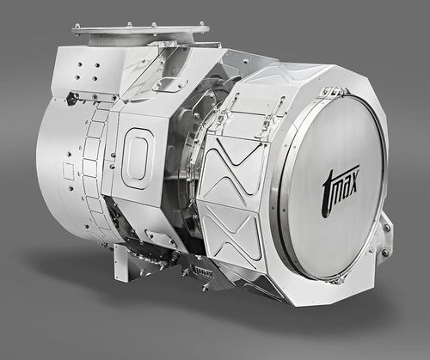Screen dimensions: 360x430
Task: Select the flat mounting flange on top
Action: (140, 30)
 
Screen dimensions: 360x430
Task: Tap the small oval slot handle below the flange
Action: (170, 84)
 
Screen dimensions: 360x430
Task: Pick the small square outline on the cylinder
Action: (68, 171)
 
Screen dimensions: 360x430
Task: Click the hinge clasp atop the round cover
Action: (330, 91)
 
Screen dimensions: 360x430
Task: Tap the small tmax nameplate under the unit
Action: (200, 272)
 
